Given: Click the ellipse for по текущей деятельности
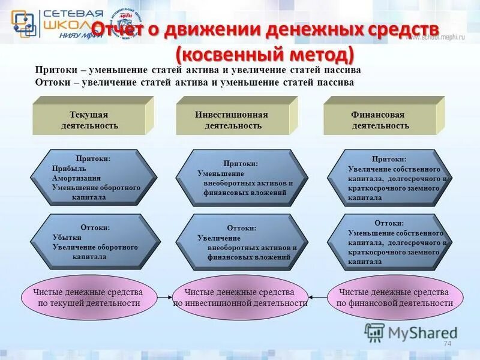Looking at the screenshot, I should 89,297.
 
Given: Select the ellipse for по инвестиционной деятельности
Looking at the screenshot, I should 239,297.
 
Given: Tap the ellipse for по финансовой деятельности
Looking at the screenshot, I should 394,297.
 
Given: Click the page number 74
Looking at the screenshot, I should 446,343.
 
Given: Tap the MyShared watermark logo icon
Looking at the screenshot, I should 374,332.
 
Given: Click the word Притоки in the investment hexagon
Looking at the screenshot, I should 241,163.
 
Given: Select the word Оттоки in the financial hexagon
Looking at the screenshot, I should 389,223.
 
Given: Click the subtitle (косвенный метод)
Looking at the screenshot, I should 265,55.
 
